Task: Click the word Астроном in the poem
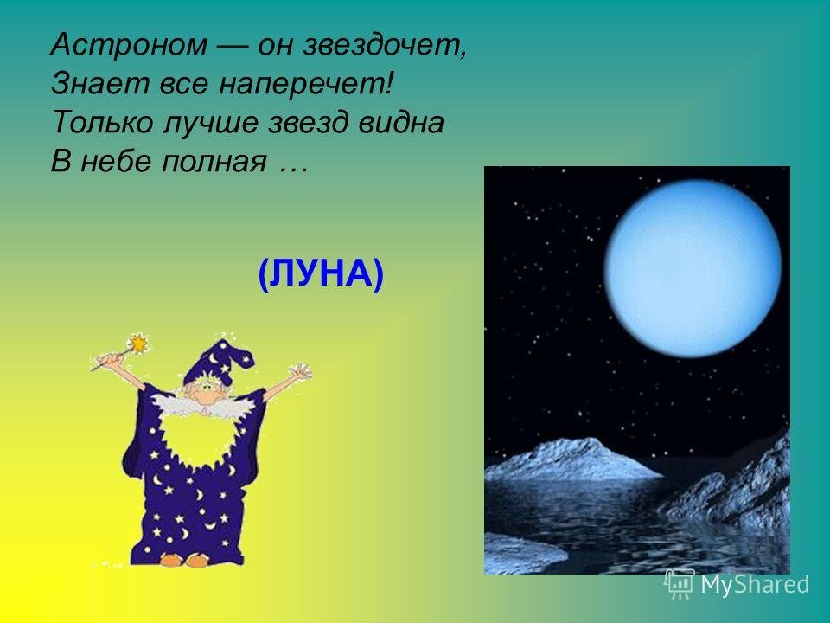(x=129, y=44)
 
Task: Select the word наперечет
(x=303, y=85)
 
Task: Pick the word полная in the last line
(x=214, y=162)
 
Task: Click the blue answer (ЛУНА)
(x=321, y=274)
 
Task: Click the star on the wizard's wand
(x=138, y=344)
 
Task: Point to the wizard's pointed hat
(x=217, y=363)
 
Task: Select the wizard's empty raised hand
(x=301, y=371)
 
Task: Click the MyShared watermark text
(x=755, y=585)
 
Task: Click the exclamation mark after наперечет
(x=390, y=85)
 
